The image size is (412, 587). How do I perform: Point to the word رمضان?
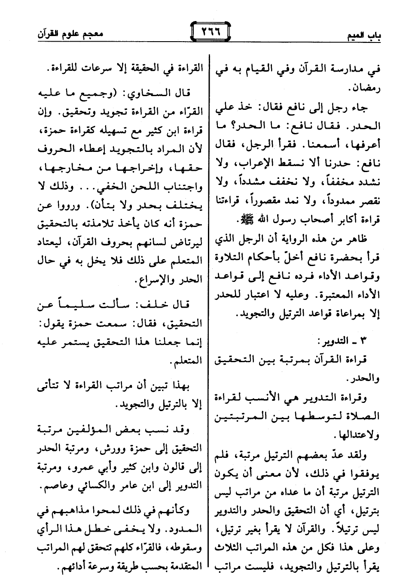pyautogui.click(x=364, y=90)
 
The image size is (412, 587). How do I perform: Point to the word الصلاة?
pyautogui.click(x=363, y=416)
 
